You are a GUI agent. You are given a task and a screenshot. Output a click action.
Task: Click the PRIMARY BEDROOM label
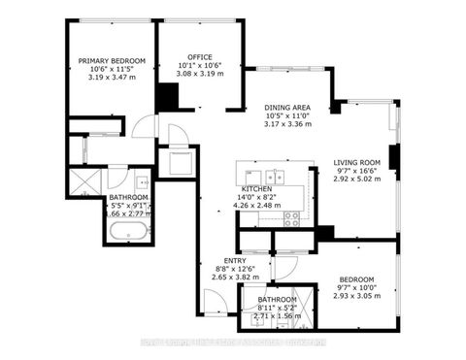112,61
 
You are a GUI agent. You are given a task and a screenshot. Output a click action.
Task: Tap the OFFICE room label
200,56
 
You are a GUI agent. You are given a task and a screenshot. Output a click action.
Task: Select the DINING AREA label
288,108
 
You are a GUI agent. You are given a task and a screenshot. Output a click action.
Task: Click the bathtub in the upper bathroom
129,232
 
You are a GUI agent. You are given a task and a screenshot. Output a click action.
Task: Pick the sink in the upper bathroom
143,182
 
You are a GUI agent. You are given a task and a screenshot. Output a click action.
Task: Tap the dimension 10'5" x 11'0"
288,116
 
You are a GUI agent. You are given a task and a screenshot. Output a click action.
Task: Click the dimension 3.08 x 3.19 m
200,74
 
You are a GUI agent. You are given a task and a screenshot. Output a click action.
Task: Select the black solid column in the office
169,96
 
